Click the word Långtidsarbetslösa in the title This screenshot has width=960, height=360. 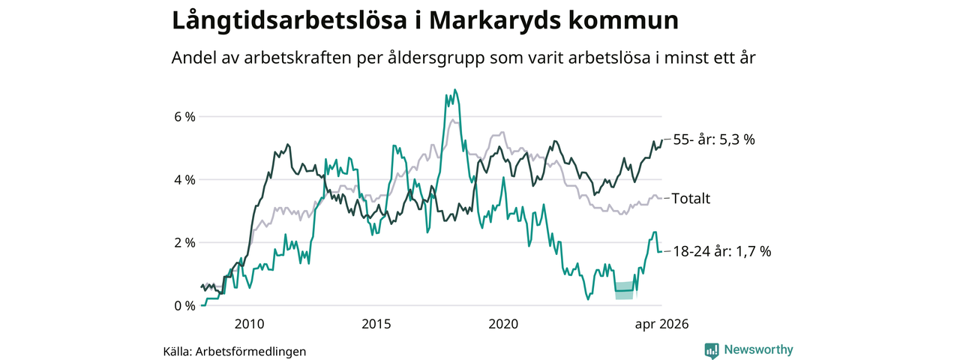[289, 21]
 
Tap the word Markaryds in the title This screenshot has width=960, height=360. [494, 21]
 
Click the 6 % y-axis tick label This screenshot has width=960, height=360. [184, 116]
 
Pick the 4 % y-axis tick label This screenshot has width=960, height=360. [184, 180]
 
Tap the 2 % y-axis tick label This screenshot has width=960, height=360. [184, 243]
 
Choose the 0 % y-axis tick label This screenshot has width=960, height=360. [184, 306]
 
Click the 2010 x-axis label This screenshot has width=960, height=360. [250, 324]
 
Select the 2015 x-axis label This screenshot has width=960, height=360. [376, 324]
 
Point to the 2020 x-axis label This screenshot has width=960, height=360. [503, 324]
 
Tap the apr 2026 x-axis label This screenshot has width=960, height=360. [661, 325]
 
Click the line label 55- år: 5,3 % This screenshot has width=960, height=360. [714, 139]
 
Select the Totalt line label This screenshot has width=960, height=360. [691, 199]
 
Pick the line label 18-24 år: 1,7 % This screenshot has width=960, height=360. [722, 251]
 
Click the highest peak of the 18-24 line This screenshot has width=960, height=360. [454, 89]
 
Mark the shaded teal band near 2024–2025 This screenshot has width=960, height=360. [625, 290]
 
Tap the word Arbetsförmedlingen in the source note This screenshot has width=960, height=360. [250, 352]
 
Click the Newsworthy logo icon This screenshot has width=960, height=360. [712, 350]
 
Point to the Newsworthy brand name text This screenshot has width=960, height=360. [758, 349]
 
